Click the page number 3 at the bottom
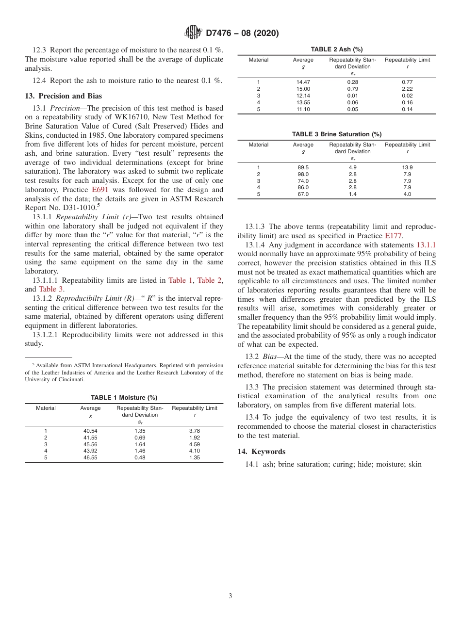(230, 596)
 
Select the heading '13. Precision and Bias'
(64, 96)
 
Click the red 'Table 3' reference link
(51, 289)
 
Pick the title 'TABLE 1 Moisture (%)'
(124, 397)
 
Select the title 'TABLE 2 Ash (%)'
(336, 49)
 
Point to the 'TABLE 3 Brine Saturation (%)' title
(336, 134)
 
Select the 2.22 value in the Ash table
(407, 89)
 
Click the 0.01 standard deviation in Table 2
(352, 96)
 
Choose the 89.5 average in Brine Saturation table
(303, 167)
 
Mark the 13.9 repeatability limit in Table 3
(407, 167)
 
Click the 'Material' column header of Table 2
(258, 60)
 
